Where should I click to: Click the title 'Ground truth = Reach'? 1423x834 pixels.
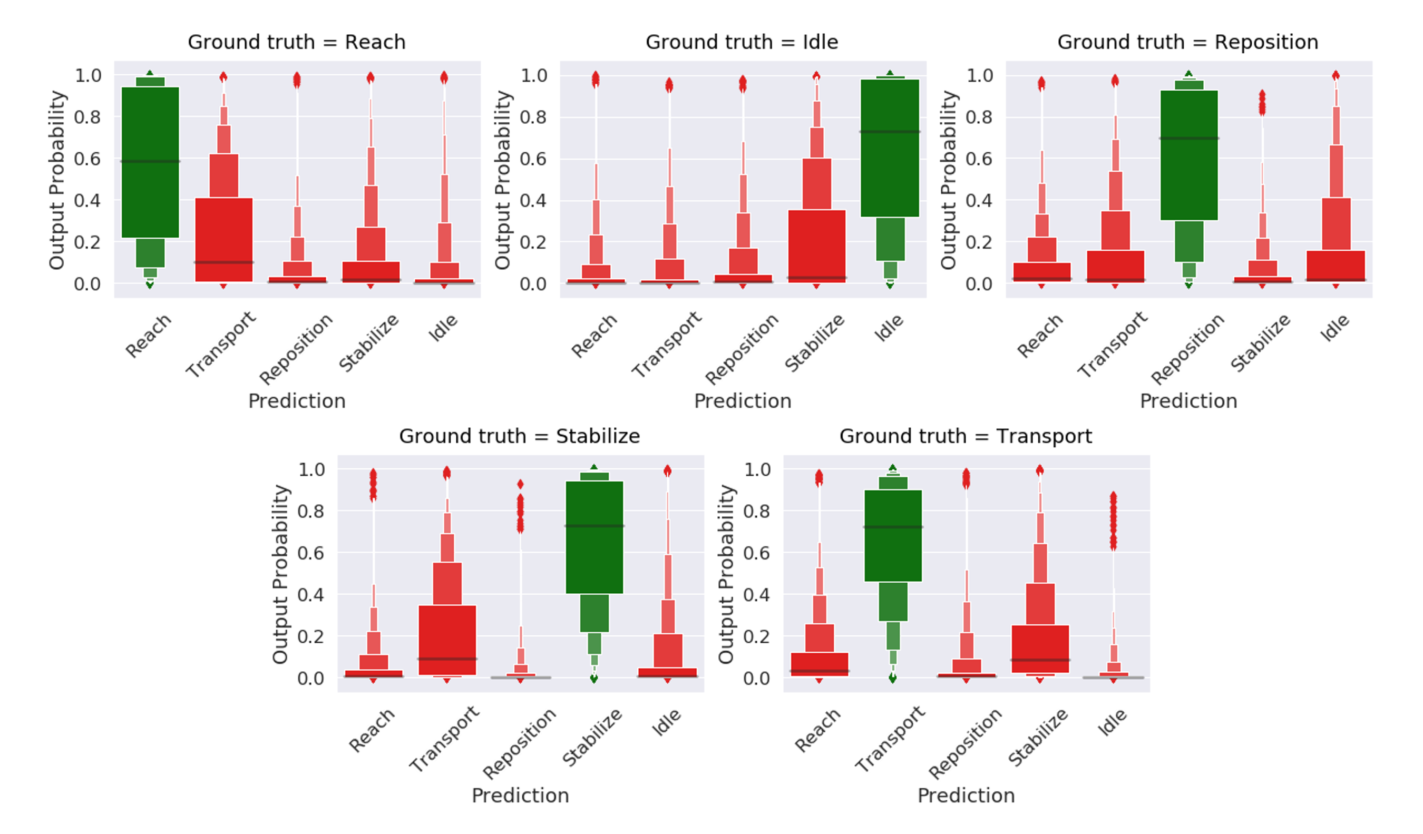tap(296, 42)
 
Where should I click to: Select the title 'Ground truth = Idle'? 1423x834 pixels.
tap(742, 42)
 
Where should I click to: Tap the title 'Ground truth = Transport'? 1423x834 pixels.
tap(966, 436)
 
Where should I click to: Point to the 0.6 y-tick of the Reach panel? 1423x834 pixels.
tap(87, 159)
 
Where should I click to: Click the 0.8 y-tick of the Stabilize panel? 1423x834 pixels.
tap(311, 512)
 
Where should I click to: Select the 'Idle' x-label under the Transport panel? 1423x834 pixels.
tap(1112, 723)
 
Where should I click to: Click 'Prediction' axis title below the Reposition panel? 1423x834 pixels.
tap(1188, 401)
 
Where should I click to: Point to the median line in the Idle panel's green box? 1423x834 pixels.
tap(890, 132)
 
